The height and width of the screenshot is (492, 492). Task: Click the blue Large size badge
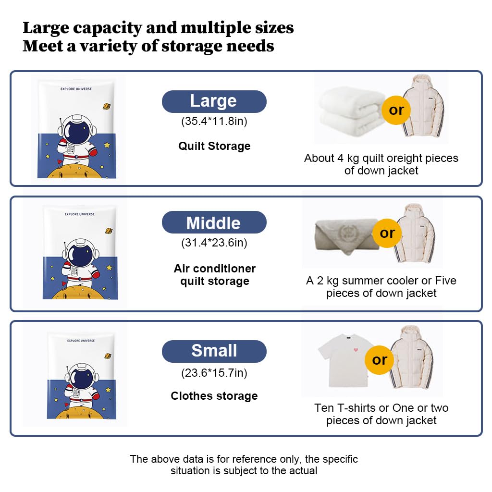[x=214, y=101]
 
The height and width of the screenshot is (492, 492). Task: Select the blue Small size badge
[x=214, y=351]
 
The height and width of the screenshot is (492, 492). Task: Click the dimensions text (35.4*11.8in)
[x=214, y=121]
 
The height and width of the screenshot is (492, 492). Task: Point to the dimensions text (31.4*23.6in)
[x=214, y=243]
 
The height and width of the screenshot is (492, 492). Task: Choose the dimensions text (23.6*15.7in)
[x=214, y=372]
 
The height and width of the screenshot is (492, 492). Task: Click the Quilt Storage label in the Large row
[x=214, y=146]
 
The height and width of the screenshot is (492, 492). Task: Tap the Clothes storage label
[x=214, y=396]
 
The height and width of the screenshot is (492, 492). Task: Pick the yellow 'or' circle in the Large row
[x=396, y=110]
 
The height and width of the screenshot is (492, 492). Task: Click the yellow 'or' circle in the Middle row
[x=387, y=233]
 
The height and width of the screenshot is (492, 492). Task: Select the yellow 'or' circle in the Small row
[x=380, y=359]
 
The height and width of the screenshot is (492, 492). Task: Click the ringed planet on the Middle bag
[x=109, y=231]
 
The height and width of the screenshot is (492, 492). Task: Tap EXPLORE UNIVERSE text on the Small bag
[x=81, y=341]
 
